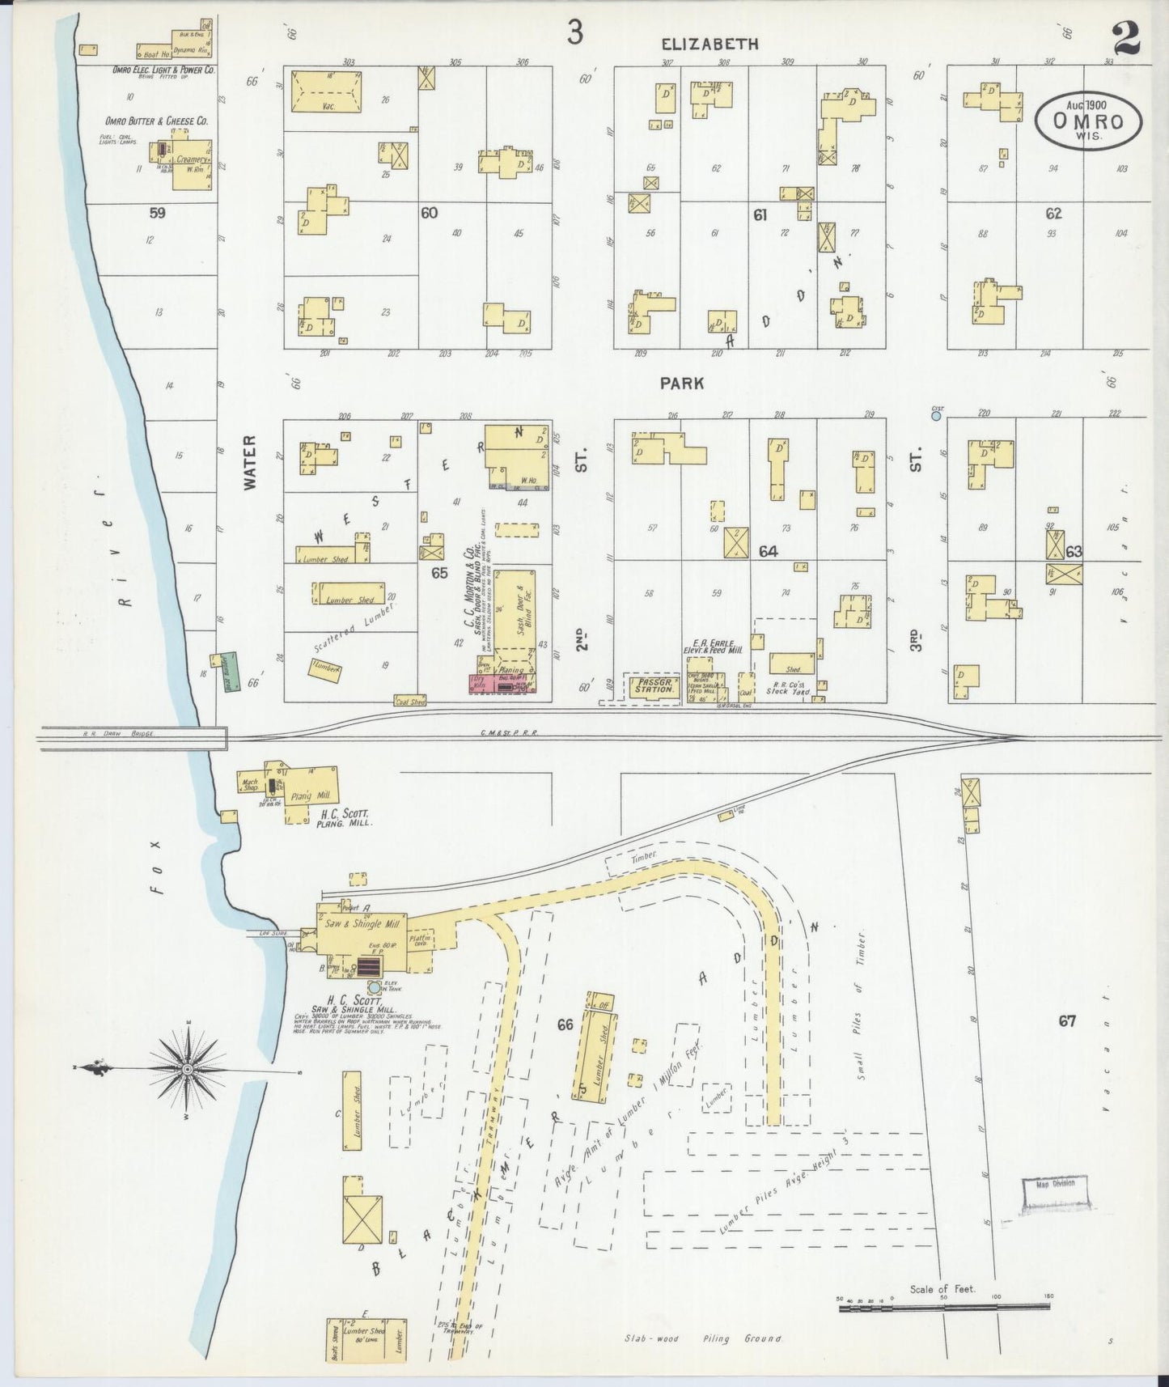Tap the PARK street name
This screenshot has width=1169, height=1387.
682,384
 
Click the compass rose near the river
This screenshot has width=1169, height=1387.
188,1069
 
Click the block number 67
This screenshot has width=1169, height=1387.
1067,1021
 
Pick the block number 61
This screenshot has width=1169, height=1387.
760,214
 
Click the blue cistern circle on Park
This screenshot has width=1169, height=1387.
936,416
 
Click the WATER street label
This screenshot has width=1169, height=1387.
249,462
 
